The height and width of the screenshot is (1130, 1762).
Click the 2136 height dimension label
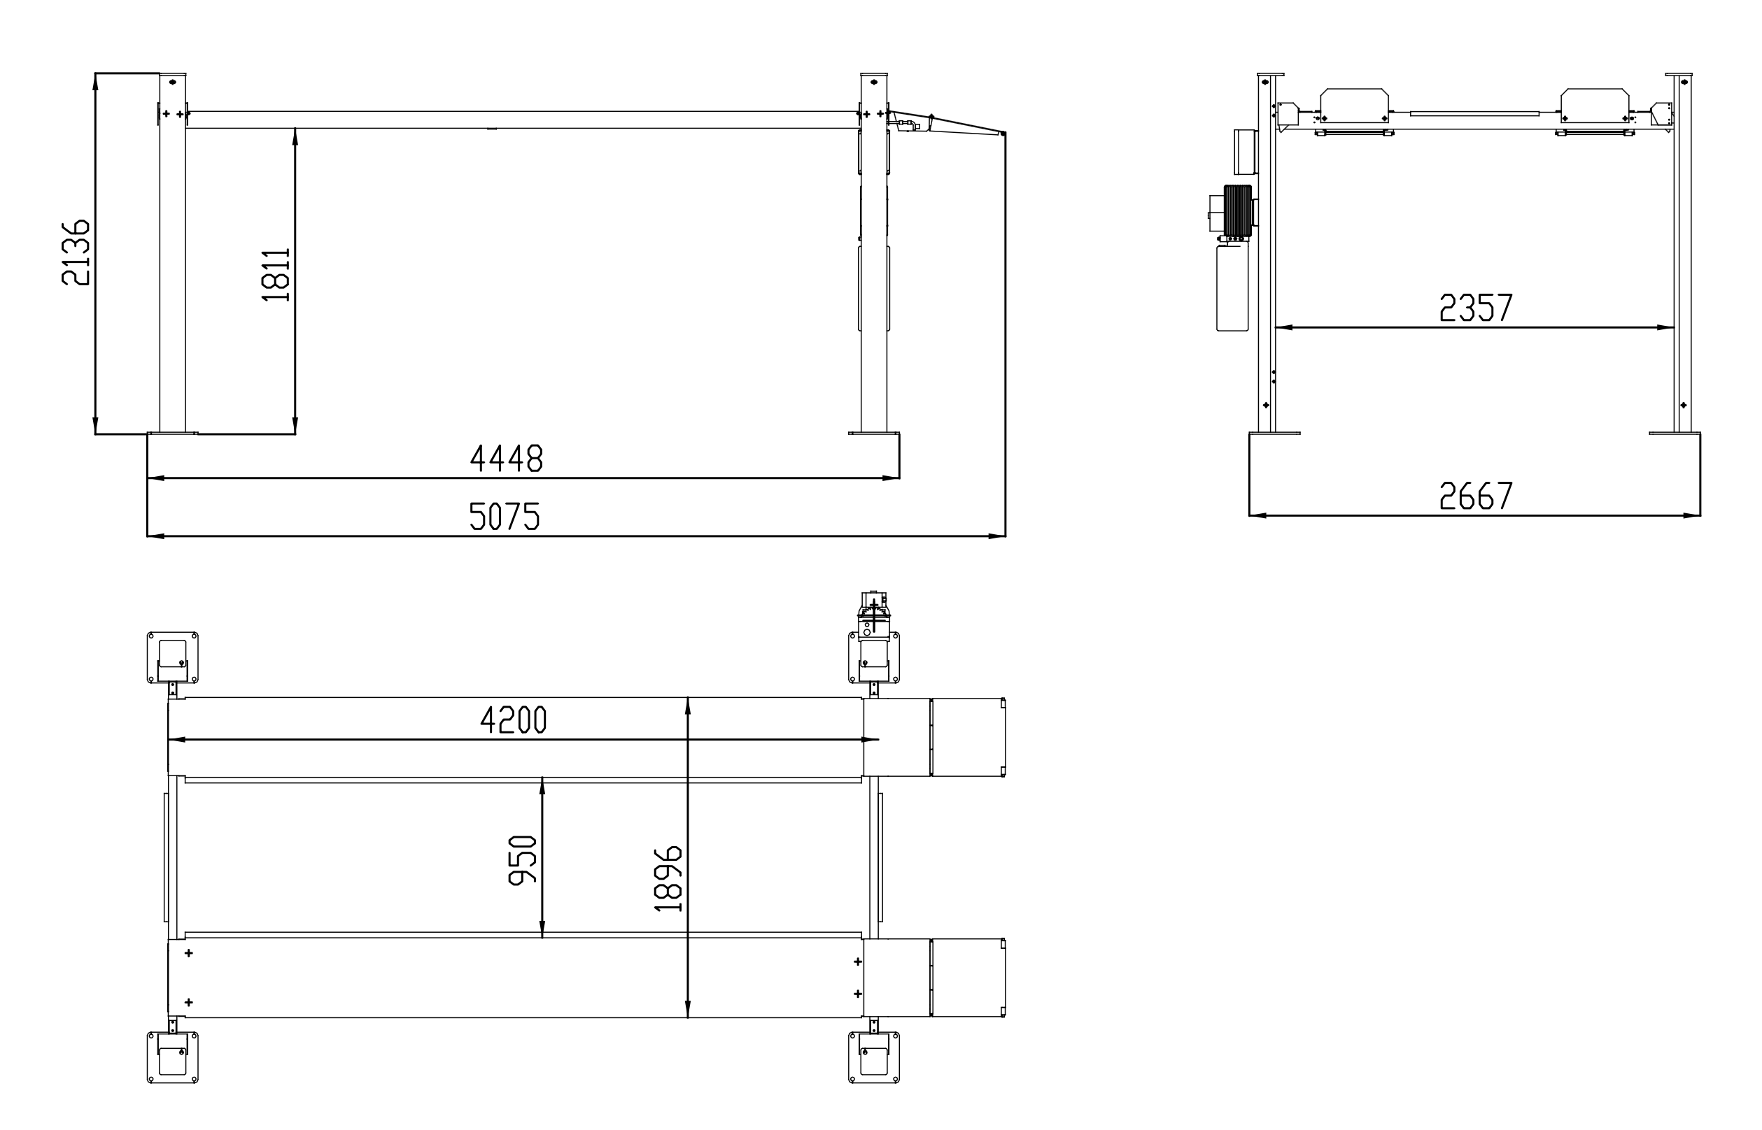76,252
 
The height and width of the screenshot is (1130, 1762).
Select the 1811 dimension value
276,274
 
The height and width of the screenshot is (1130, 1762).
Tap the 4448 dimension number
507,459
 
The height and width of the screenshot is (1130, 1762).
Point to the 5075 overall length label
505,516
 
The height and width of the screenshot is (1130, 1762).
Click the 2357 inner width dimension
1476,308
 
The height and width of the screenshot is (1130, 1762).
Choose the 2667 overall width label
1476,496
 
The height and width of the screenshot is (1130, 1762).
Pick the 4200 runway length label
514,720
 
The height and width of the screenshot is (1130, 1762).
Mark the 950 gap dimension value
523,860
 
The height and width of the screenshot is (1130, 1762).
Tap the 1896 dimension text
668,878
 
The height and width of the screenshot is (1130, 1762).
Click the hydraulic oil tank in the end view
1233,287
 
